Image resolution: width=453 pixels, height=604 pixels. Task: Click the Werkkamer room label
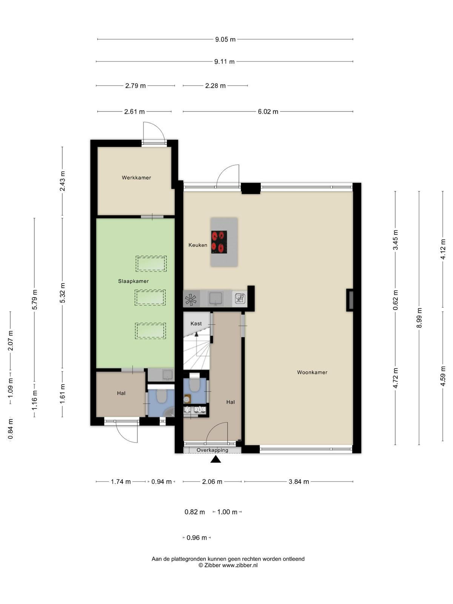point(136,178)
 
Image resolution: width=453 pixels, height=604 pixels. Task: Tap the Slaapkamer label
point(133,281)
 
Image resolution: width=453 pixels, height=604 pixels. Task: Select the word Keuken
point(198,245)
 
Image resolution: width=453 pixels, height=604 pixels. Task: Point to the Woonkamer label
point(312,372)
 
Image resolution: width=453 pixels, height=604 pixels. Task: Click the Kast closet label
point(196,324)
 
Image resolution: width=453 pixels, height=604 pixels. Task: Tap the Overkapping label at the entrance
point(212,450)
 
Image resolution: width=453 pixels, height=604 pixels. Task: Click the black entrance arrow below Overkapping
point(216,459)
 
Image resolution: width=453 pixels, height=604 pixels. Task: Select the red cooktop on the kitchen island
point(219,242)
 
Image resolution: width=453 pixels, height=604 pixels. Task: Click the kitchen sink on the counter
point(216,299)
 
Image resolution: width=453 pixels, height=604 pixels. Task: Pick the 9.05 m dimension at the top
point(225,39)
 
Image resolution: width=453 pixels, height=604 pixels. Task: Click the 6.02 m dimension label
point(268,112)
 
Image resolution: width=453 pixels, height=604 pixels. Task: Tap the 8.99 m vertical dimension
point(419,318)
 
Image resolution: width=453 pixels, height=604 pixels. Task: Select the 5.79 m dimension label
point(35,300)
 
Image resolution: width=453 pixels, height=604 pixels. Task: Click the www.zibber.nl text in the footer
point(240,565)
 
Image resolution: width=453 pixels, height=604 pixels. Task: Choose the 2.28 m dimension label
point(215,86)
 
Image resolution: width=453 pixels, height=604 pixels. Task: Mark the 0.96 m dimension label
point(197,538)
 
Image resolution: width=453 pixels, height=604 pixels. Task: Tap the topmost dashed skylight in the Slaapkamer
point(151,263)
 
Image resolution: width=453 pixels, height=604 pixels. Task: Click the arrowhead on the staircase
point(196,334)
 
